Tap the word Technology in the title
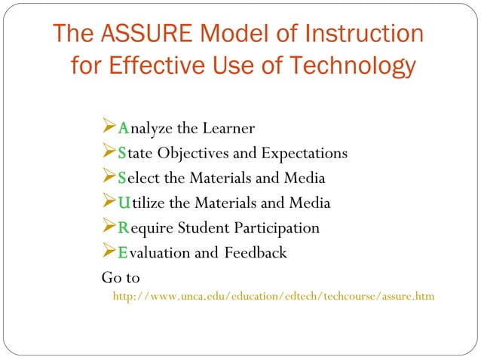coord(352,66)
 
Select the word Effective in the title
coord(163,66)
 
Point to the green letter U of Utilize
coord(124,203)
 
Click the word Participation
coord(273,227)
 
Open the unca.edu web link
coord(273,297)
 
